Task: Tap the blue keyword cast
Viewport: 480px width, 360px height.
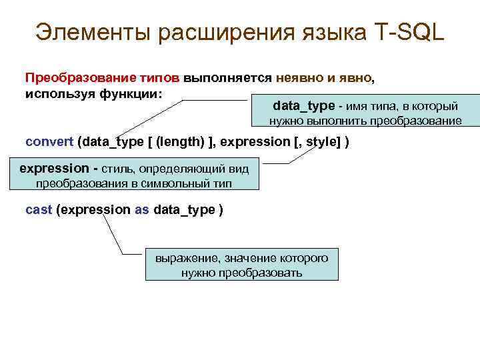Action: coord(38,210)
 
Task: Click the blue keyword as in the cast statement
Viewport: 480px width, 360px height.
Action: coord(142,210)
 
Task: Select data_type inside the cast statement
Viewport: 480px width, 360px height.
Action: coord(184,210)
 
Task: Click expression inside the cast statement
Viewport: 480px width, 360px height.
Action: coord(97,210)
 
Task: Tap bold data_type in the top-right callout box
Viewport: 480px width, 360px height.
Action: coord(304,106)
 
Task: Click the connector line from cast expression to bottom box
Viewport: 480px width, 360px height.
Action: coord(113,237)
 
